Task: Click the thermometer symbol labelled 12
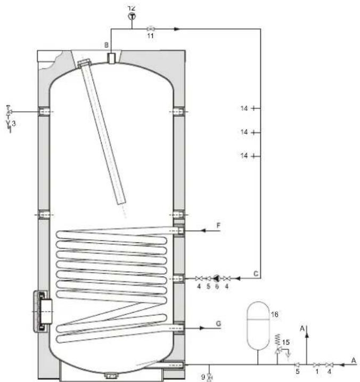[132, 17]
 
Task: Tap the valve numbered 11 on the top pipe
[151, 29]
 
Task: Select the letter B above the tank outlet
[107, 45]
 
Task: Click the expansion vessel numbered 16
[258, 326]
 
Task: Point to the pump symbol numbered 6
[217, 278]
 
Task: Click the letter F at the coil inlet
[218, 225]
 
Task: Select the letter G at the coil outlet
[218, 324]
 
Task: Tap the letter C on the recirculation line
[256, 274]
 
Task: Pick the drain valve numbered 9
[209, 377]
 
